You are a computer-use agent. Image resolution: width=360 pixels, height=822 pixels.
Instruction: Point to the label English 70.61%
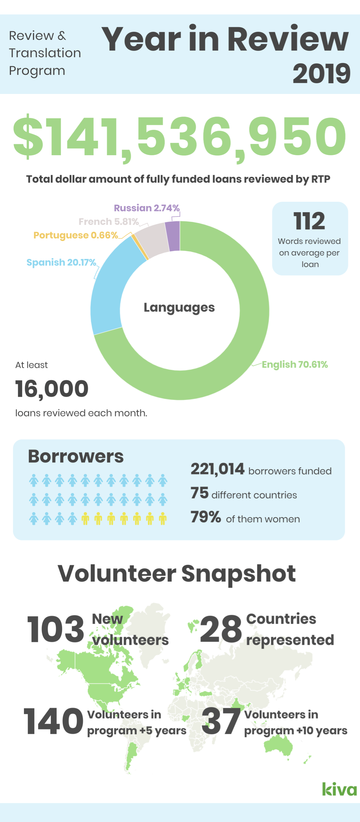pos(295,364)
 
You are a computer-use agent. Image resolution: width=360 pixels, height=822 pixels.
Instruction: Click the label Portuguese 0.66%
pos(76,235)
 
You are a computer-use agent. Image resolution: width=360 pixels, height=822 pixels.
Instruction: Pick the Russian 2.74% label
pos(147,208)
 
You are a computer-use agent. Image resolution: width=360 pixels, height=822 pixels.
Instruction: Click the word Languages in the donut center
pos(179,307)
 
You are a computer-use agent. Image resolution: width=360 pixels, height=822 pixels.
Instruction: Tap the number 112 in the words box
pos(309,221)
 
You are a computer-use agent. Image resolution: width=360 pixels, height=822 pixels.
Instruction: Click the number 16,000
pos(52,389)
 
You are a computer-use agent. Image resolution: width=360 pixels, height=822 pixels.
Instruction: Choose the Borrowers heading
pos(76,456)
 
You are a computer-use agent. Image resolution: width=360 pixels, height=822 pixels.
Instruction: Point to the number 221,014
pos(217,469)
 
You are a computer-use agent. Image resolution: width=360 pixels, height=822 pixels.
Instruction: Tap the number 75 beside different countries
pos(200,493)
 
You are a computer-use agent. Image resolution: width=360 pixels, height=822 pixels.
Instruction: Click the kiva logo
pos(339,789)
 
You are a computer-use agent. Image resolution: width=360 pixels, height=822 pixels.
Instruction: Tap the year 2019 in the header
pos(321,73)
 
